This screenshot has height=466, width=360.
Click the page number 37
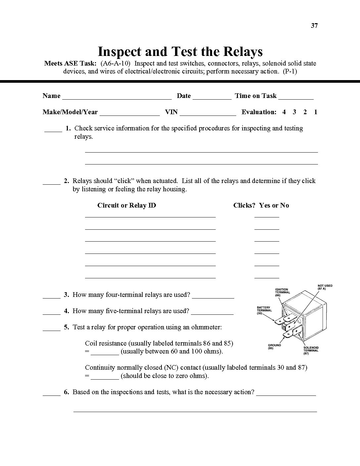(x=314, y=25)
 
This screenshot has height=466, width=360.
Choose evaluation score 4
(x=284, y=112)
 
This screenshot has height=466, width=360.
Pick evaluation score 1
(x=316, y=112)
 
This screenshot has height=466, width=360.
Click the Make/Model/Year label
(x=70, y=112)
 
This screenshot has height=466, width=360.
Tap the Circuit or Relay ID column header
(x=126, y=205)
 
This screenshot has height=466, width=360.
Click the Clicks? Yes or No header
(x=261, y=205)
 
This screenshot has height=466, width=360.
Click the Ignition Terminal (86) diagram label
(x=282, y=292)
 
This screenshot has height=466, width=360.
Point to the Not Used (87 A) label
(x=325, y=287)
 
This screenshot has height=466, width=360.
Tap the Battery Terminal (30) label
(x=264, y=310)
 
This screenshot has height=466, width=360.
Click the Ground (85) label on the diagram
(x=274, y=347)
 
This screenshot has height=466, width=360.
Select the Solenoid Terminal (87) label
(x=311, y=350)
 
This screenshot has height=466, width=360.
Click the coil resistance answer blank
(x=105, y=353)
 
